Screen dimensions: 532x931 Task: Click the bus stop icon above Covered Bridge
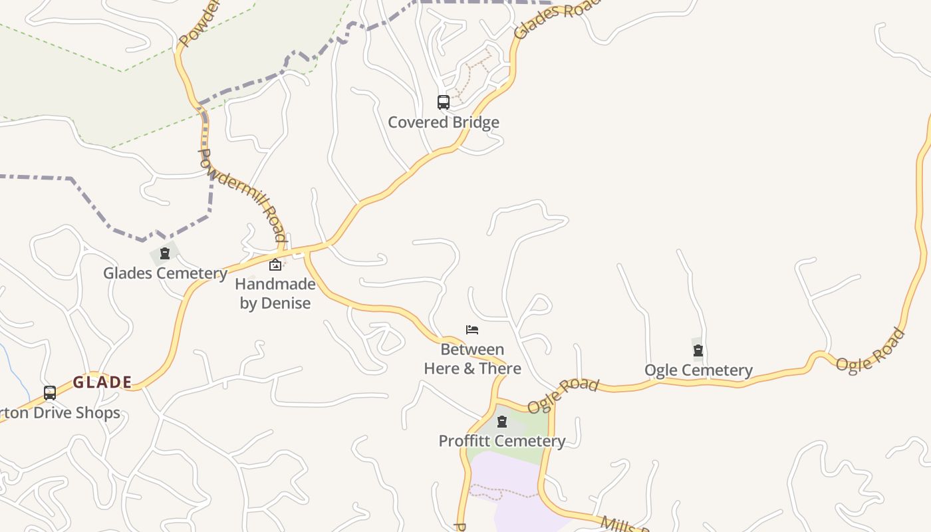444,102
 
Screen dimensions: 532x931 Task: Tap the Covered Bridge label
444,122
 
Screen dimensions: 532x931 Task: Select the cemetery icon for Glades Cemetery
165,253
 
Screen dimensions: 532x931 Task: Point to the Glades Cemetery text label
165,273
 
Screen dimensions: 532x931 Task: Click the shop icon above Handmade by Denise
275,265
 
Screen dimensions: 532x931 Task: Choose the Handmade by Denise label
275,294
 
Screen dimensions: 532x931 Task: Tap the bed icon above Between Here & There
472,330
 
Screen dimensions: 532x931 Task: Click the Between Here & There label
472,359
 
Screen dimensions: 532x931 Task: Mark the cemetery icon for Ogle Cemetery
698,350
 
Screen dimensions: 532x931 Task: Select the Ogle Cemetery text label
698,370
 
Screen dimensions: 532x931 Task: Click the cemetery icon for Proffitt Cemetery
502,422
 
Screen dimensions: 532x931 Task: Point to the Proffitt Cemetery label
502,441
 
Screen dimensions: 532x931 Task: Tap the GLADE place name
102,382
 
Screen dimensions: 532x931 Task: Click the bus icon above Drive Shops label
50,393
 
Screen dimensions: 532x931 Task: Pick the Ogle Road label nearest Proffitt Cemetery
563,396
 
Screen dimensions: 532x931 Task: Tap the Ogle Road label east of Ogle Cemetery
870,350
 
